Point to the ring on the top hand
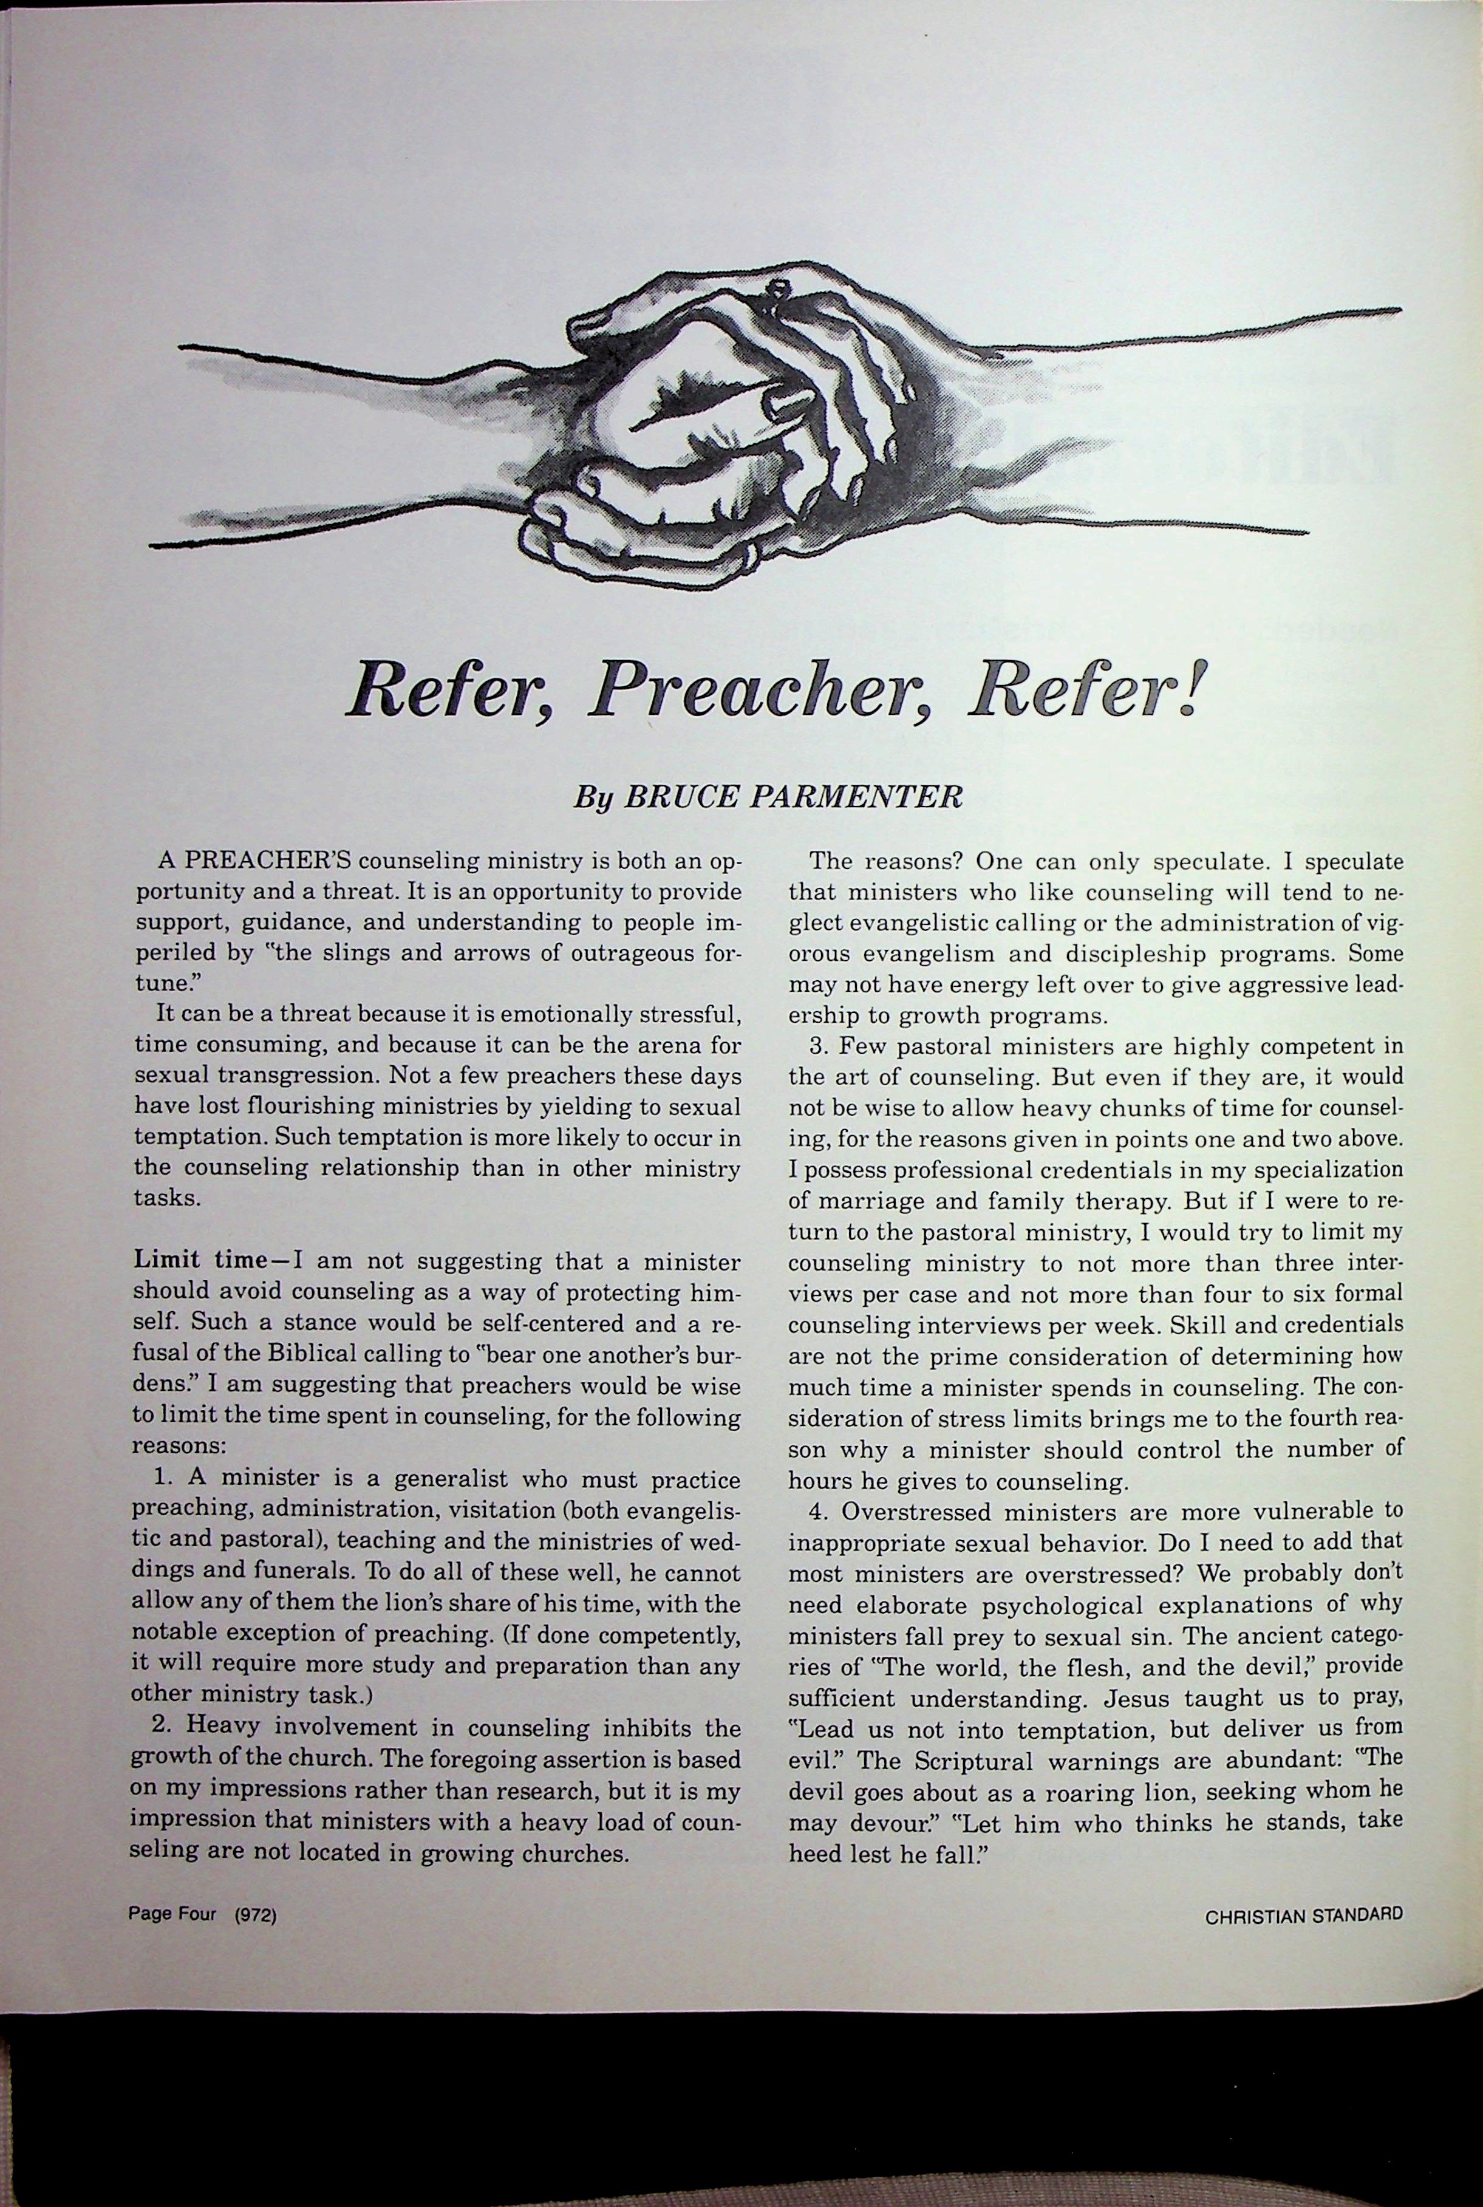click(x=777, y=289)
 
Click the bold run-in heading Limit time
click(x=200, y=1260)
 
